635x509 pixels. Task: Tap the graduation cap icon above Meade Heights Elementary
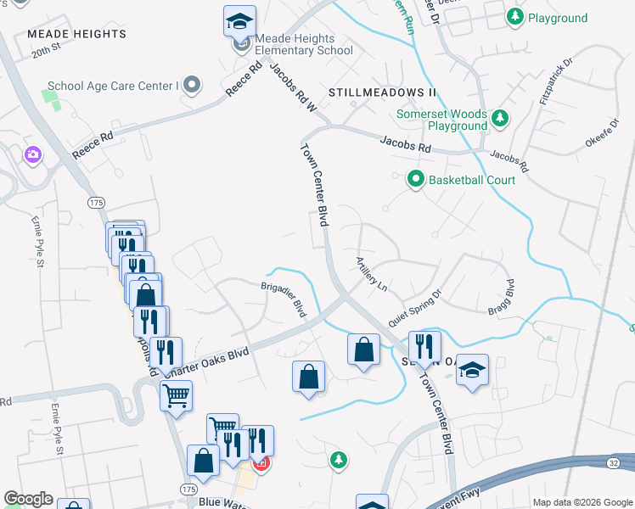pyautogui.click(x=239, y=20)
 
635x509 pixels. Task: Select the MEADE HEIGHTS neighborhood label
pyautogui.click(x=76, y=34)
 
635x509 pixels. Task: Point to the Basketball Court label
pyautogui.click(x=471, y=180)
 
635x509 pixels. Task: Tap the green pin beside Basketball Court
pyautogui.click(x=415, y=179)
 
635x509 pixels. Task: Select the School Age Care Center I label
pyautogui.click(x=113, y=85)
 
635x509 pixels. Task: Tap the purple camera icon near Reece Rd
pyautogui.click(x=33, y=154)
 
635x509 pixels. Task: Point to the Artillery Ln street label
pyautogui.click(x=371, y=275)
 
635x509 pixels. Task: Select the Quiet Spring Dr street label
pyautogui.click(x=415, y=310)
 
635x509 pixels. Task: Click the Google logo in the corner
pyautogui.click(x=28, y=499)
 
